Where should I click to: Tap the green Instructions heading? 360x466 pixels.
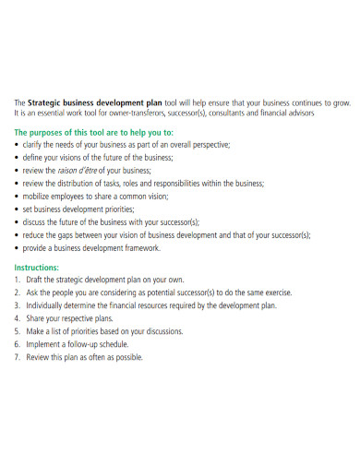[42, 266]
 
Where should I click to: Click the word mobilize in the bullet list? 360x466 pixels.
[39, 197]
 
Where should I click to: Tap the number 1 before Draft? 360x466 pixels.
[17, 279]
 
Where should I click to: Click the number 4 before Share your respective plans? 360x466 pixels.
[17, 317]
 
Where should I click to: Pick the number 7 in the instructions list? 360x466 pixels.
[17, 356]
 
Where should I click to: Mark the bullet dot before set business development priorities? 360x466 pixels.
[17, 209]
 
